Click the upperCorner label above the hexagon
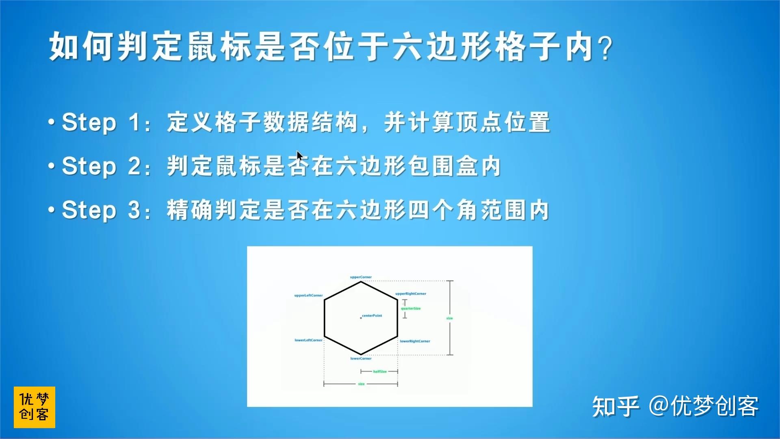click(361, 277)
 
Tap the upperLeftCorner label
click(308, 296)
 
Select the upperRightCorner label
click(411, 293)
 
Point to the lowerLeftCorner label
click(308, 340)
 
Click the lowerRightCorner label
click(415, 341)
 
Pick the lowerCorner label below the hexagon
click(361, 359)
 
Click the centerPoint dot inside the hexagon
click(361, 318)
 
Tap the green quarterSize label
click(411, 309)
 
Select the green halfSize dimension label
click(380, 372)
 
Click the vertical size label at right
click(449, 318)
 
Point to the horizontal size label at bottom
click(361, 384)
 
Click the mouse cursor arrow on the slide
click(299, 156)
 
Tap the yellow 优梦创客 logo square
click(34, 407)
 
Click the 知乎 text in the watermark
click(615, 406)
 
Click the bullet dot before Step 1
click(52, 122)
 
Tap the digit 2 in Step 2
click(134, 166)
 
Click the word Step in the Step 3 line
click(89, 211)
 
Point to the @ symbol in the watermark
click(659, 406)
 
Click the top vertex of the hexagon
click(361, 282)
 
